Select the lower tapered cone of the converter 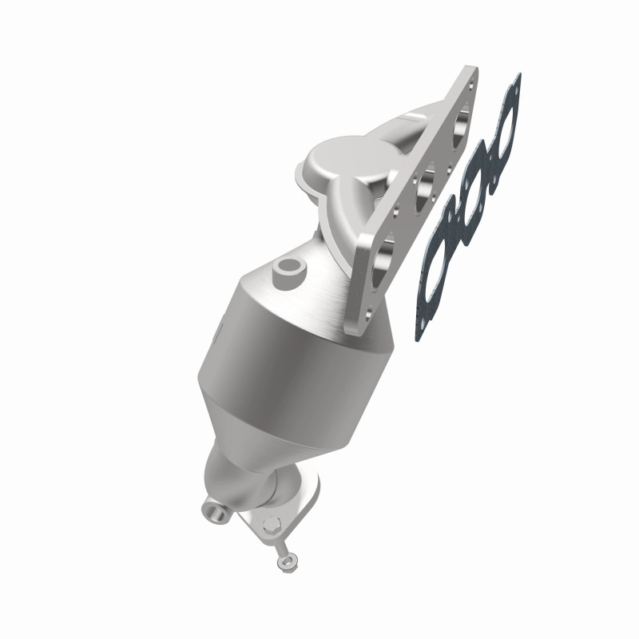click(x=240, y=431)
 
